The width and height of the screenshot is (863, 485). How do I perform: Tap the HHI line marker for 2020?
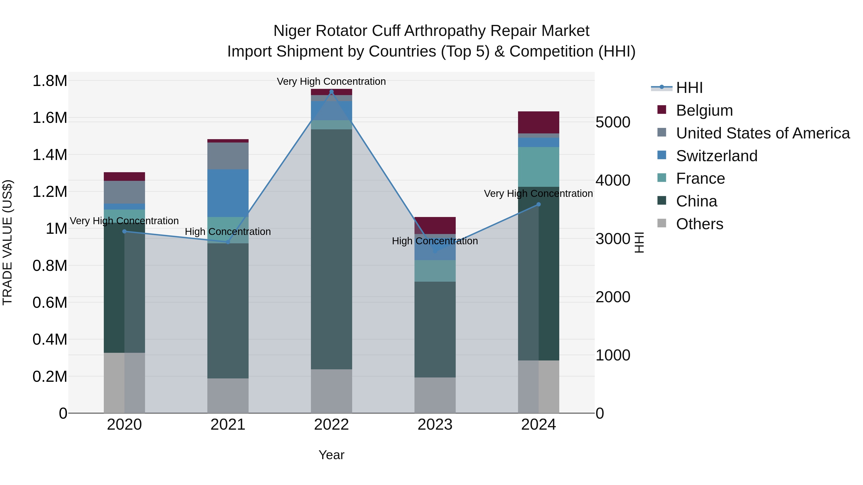pyautogui.click(x=124, y=231)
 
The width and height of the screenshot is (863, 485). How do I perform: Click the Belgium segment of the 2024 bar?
pyautogui.click(x=538, y=122)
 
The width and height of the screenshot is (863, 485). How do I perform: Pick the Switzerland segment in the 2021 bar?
pyautogui.click(x=228, y=193)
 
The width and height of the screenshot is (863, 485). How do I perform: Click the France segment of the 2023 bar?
pyautogui.click(x=435, y=271)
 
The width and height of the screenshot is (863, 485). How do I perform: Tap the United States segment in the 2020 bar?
pyautogui.click(x=124, y=192)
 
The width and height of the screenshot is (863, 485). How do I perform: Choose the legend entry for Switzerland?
pyautogui.click(x=716, y=156)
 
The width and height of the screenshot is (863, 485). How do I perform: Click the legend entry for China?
pyautogui.click(x=696, y=201)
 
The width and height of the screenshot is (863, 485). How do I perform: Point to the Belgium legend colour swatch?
pyautogui.click(x=662, y=110)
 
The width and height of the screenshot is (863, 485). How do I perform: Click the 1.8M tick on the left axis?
pyautogui.click(x=50, y=81)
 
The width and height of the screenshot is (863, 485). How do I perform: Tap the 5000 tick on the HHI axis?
pyautogui.click(x=613, y=122)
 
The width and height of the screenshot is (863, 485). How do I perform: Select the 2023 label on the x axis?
pyautogui.click(x=435, y=425)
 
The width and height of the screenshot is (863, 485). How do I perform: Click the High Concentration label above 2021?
pyautogui.click(x=228, y=232)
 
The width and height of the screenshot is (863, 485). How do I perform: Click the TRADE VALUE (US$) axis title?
pyautogui.click(x=7, y=242)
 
